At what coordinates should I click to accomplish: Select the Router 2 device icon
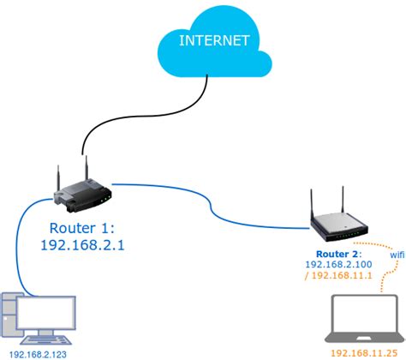(x=341, y=225)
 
